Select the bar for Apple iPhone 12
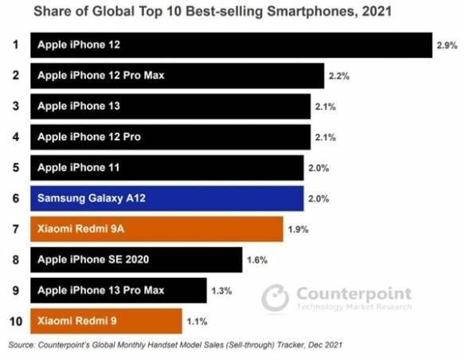[231, 45]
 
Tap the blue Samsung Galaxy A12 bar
[166, 198]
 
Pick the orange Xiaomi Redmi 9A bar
[156, 229]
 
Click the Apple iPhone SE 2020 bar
[136, 260]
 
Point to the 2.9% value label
[446, 46]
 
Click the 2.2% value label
[339, 76]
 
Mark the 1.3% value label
[221, 291]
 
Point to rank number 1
[14, 45]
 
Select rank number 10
[14, 321]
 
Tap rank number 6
[14, 198]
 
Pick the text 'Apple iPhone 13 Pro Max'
[100, 290]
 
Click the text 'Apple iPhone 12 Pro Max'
[100, 76]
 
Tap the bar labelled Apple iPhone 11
[166, 168]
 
